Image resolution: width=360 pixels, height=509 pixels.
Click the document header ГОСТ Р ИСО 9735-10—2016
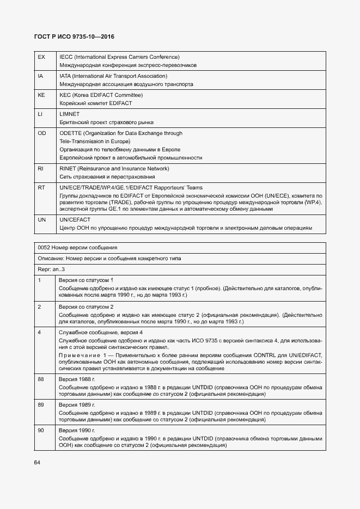point(74,37)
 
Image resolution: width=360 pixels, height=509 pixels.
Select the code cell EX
point(41,57)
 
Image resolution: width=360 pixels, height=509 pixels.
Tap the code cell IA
point(40,76)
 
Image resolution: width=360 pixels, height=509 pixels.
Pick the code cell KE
point(41,95)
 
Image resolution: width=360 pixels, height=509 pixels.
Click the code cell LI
point(40,114)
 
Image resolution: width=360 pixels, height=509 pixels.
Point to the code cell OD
point(41,133)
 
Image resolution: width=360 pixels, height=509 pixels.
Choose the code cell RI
point(40,168)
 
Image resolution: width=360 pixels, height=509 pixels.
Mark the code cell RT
point(41,187)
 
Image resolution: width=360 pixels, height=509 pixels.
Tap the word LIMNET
point(70,114)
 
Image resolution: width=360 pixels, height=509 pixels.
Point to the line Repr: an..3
point(51,269)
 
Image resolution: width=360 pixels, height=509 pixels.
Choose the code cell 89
point(41,405)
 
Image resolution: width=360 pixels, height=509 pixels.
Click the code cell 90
point(41,430)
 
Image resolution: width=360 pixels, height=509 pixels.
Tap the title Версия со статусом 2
point(86,306)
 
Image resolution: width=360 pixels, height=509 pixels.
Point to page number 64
point(37,463)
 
